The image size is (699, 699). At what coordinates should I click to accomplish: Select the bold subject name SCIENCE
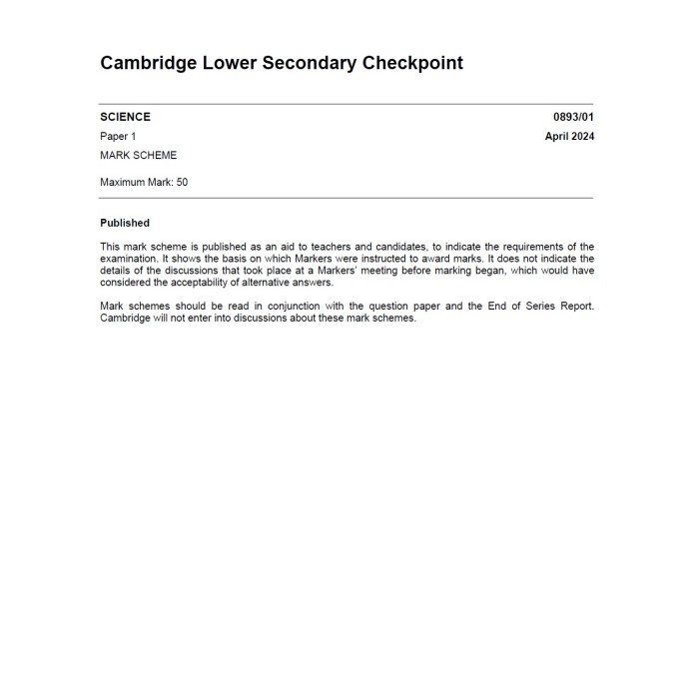125,117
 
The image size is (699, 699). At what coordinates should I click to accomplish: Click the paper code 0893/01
573,117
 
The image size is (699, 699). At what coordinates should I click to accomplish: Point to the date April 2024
569,136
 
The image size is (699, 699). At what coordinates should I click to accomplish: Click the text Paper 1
118,136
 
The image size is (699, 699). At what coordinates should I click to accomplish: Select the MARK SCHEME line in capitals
138,155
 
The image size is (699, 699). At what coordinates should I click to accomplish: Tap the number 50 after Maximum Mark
182,183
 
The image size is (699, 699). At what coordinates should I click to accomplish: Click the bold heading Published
125,223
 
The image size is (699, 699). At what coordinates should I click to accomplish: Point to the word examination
131,259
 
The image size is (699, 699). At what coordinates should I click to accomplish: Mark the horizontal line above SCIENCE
346,104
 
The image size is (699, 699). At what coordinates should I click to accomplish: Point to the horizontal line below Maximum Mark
346,198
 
